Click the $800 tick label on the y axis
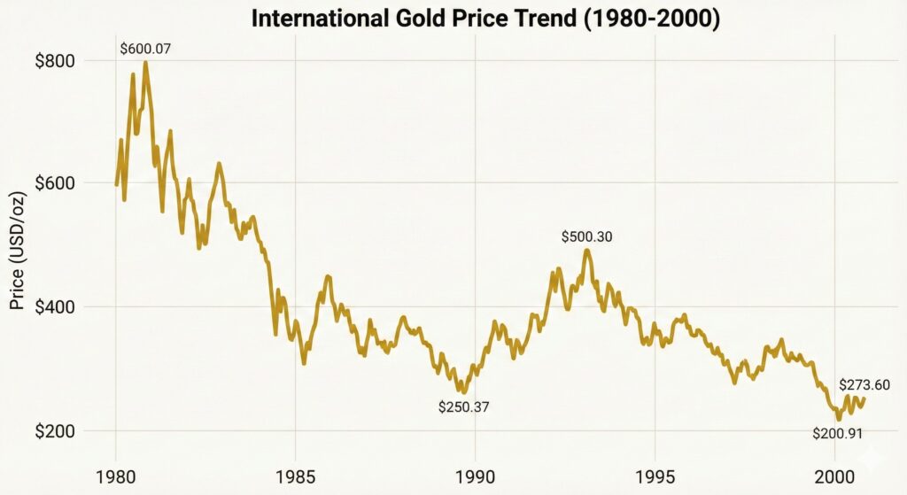pyautogui.click(x=55, y=61)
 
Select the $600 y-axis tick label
pyautogui.click(x=55, y=183)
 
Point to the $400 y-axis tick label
pyautogui.click(x=55, y=307)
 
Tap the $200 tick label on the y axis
pyautogui.click(x=55, y=431)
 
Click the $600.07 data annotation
pyautogui.click(x=146, y=48)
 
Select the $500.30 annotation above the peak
pyautogui.click(x=587, y=236)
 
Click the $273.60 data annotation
pyautogui.click(x=864, y=384)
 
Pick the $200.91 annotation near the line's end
pyautogui.click(x=837, y=433)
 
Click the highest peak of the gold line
pyautogui.click(x=145, y=63)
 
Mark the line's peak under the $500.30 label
pyautogui.click(x=586, y=251)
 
